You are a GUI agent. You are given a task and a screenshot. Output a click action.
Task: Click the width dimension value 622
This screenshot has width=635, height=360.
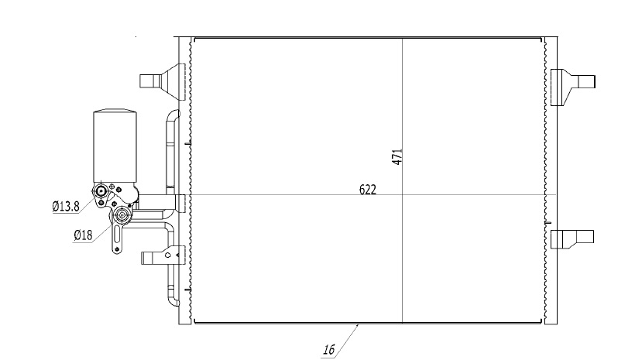(x=368, y=190)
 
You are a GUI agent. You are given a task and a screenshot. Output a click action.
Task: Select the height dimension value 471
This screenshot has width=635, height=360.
(x=397, y=156)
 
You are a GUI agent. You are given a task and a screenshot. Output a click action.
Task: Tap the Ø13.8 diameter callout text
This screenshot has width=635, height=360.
(x=66, y=207)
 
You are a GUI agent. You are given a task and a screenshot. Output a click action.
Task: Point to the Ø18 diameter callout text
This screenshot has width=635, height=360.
(x=83, y=235)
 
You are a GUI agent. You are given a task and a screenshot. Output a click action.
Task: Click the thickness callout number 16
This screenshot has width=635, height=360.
(x=329, y=349)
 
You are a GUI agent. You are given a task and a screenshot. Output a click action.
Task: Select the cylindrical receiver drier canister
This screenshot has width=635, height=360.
(x=115, y=146)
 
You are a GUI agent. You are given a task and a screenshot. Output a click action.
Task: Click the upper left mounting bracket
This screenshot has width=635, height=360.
(x=163, y=81)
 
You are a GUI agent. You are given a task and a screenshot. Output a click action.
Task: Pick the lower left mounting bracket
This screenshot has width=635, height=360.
(x=163, y=256)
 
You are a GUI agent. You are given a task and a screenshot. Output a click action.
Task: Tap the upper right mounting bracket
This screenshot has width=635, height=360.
(x=572, y=87)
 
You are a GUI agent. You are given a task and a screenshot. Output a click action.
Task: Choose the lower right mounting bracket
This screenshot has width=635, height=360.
(x=571, y=239)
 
